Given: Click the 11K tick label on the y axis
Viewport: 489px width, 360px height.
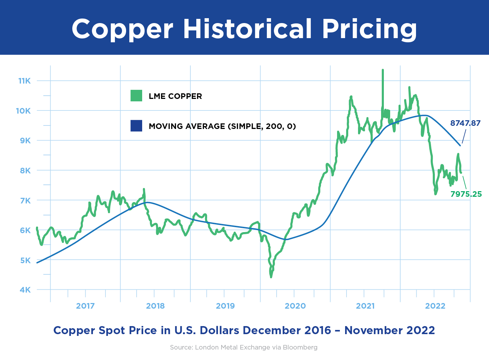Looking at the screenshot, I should (x=24, y=81).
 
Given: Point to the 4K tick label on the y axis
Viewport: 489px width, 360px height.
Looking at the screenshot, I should (x=25, y=290).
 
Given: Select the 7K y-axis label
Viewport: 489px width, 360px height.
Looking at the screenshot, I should (x=25, y=201).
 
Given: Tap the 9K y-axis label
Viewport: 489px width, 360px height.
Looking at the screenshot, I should (x=25, y=141).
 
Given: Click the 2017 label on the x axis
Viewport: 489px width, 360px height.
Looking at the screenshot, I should (x=85, y=306).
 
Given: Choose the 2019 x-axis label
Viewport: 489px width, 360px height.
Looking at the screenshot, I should (x=225, y=306).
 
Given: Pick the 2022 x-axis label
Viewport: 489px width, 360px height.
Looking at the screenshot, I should (x=435, y=306).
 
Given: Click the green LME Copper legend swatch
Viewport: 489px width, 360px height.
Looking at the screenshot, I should (x=136, y=96).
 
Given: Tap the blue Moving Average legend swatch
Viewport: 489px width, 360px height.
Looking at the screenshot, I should (x=136, y=126).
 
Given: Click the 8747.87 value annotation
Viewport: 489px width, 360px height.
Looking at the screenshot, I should (x=465, y=123).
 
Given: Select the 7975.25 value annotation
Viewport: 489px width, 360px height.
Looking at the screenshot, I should (x=466, y=194).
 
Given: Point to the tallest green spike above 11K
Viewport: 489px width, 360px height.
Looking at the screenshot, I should (x=383, y=70).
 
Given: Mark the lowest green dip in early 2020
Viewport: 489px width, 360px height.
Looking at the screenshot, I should (x=271, y=277).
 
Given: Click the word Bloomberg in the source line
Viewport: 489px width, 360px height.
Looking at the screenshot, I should (x=300, y=347).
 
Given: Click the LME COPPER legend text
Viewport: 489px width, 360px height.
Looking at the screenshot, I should (x=175, y=96).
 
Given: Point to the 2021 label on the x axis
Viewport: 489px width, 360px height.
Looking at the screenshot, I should (x=365, y=306).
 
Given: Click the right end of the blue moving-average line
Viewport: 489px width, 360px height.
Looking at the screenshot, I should (x=460, y=145).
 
